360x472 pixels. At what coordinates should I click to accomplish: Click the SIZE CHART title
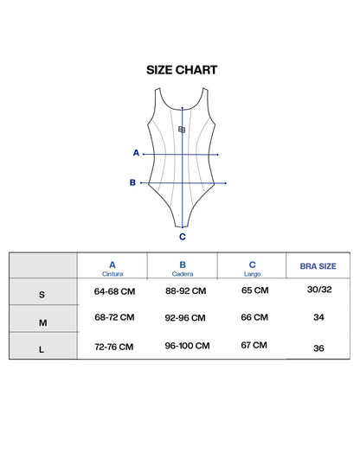pyautogui.click(x=182, y=70)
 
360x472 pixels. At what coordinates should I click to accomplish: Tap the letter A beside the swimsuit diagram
pyautogui.click(x=136, y=153)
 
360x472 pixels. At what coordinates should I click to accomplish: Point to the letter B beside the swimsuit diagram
pyautogui.click(x=132, y=182)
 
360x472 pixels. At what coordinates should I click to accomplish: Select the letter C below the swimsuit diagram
pyautogui.click(x=183, y=237)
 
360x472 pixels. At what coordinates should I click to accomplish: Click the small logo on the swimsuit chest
pyautogui.click(x=182, y=130)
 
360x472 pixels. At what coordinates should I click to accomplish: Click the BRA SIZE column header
pyautogui.click(x=318, y=266)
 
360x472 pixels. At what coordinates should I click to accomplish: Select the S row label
pyautogui.click(x=42, y=295)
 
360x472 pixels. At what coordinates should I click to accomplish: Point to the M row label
pyautogui.click(x=43, y=323)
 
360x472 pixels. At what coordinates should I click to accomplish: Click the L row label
pyautogui.click(x=42, y=349)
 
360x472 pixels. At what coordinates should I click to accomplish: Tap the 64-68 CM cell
pyautogui.click(x=114, y=291)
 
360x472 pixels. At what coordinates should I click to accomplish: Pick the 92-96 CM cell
pyautogui.click(x=185, y=318)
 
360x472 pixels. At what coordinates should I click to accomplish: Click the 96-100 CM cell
pyautogui.click(x=187, y=346)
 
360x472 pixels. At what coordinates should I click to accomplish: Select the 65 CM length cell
pyautogui.click(x=255, y=290)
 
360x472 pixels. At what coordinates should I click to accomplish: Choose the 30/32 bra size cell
pyautogui.click(x=319, y=290)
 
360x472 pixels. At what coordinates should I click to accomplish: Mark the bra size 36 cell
pyautogui.click(x=318, y=348)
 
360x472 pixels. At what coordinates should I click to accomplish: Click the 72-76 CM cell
pyautogui.click(x=114, y=347)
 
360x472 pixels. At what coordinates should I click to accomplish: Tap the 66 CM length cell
pyautogui.click(x=254, y=317)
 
